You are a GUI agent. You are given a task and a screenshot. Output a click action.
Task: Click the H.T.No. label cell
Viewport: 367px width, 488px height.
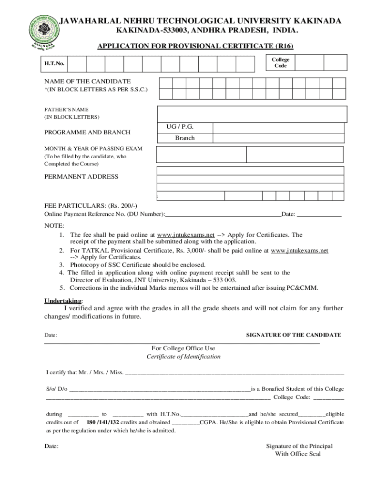click(54, 63)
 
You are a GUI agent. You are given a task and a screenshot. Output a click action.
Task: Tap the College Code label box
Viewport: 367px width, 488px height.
click(280, 63)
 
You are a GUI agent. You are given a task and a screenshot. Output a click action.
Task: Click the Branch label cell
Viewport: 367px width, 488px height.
click(184, 138)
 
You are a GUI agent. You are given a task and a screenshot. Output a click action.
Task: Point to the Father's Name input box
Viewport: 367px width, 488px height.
click(252, 113)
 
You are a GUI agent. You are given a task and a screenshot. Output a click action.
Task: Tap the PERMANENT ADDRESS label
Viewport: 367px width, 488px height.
click(81, 177)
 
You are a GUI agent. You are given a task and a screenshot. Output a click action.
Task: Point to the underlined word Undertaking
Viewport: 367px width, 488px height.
click(63, 301)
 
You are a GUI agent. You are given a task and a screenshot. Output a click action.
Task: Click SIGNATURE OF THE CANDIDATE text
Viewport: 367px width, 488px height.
click(293, 335)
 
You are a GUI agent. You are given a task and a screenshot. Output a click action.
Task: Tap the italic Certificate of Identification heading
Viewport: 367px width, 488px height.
click(183, 356)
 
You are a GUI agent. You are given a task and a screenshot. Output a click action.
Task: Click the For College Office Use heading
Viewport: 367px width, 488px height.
click(183, 348)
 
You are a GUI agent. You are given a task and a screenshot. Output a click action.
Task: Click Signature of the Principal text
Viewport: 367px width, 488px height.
click(299, 446)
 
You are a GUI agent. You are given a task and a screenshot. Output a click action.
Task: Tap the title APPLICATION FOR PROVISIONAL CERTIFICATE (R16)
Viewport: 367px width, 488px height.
click(195, 46)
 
